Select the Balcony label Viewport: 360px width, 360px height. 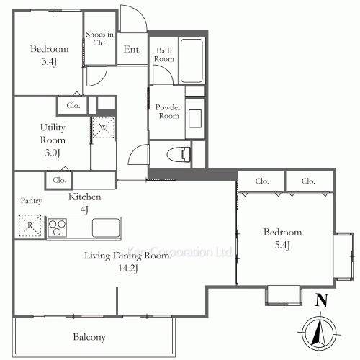pyautogui.click(x=89, y=337)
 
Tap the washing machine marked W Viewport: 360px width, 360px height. pyautogui.click(x=102, y=127)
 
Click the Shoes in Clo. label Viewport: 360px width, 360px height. pyautogui.click(x=99, y=38)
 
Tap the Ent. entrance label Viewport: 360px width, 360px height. pyautogui.click(x=132, y=50)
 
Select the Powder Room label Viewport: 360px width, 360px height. pyautogui.click(x=168, y=112)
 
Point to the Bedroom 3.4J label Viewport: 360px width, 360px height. pyautogui.click(x=49, y=55)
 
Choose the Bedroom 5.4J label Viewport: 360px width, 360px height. pyautogui.click(x=282, y=239)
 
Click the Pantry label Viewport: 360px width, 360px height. pyautogui.click(x=30, y=201)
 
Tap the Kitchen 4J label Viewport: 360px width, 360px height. pyautogui.click(x=84, y=202)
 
